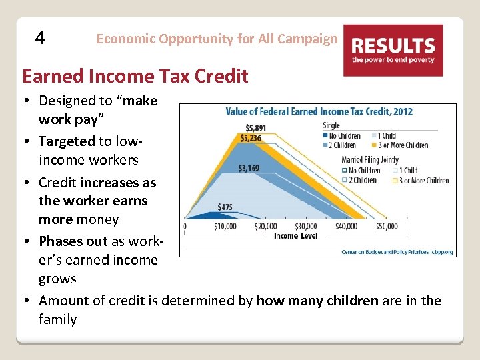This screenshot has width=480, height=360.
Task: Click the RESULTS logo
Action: [x=393, y=50]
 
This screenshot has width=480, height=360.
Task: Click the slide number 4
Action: [x=40, y=38]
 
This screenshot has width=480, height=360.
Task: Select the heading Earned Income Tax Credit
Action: [x=135, y=76]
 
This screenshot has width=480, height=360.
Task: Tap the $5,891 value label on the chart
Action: [x=256, y=128]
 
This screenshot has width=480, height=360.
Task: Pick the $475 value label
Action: [x=225, y=207]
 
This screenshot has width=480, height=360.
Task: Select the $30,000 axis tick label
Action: [x=305, y=227]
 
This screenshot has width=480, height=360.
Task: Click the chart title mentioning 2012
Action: [x=319, y=111]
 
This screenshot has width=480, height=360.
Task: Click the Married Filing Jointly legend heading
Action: [x=371, y=160]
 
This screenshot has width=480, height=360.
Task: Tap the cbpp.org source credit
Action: [x=397, y=252]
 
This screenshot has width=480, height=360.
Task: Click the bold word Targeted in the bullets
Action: [x=67, y=141]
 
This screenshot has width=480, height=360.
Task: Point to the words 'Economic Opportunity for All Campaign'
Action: [x=217, y=39]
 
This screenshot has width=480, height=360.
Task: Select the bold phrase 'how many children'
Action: [x=317, y=300]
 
